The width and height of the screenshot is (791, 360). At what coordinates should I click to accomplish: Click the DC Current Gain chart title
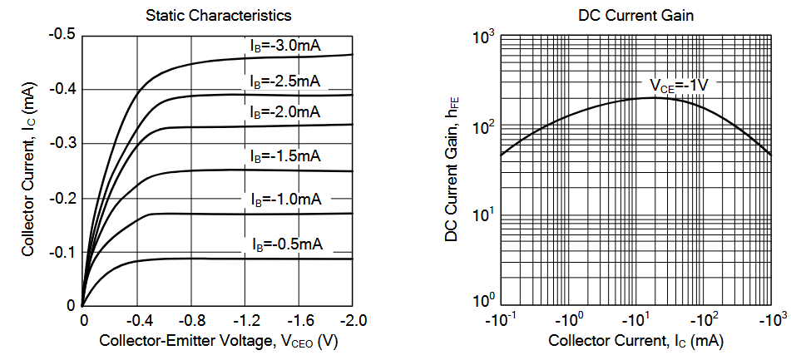point(635,15)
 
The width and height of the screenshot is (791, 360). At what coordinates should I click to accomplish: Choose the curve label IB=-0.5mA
point(288,244)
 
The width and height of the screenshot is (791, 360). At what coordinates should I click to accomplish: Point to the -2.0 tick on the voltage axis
point(353,320)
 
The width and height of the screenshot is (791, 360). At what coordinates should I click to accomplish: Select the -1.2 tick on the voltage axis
point(245,320)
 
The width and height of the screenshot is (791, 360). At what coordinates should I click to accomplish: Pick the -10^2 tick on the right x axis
point(706,320)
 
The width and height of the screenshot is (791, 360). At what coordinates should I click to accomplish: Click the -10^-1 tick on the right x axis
point(502,320)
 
